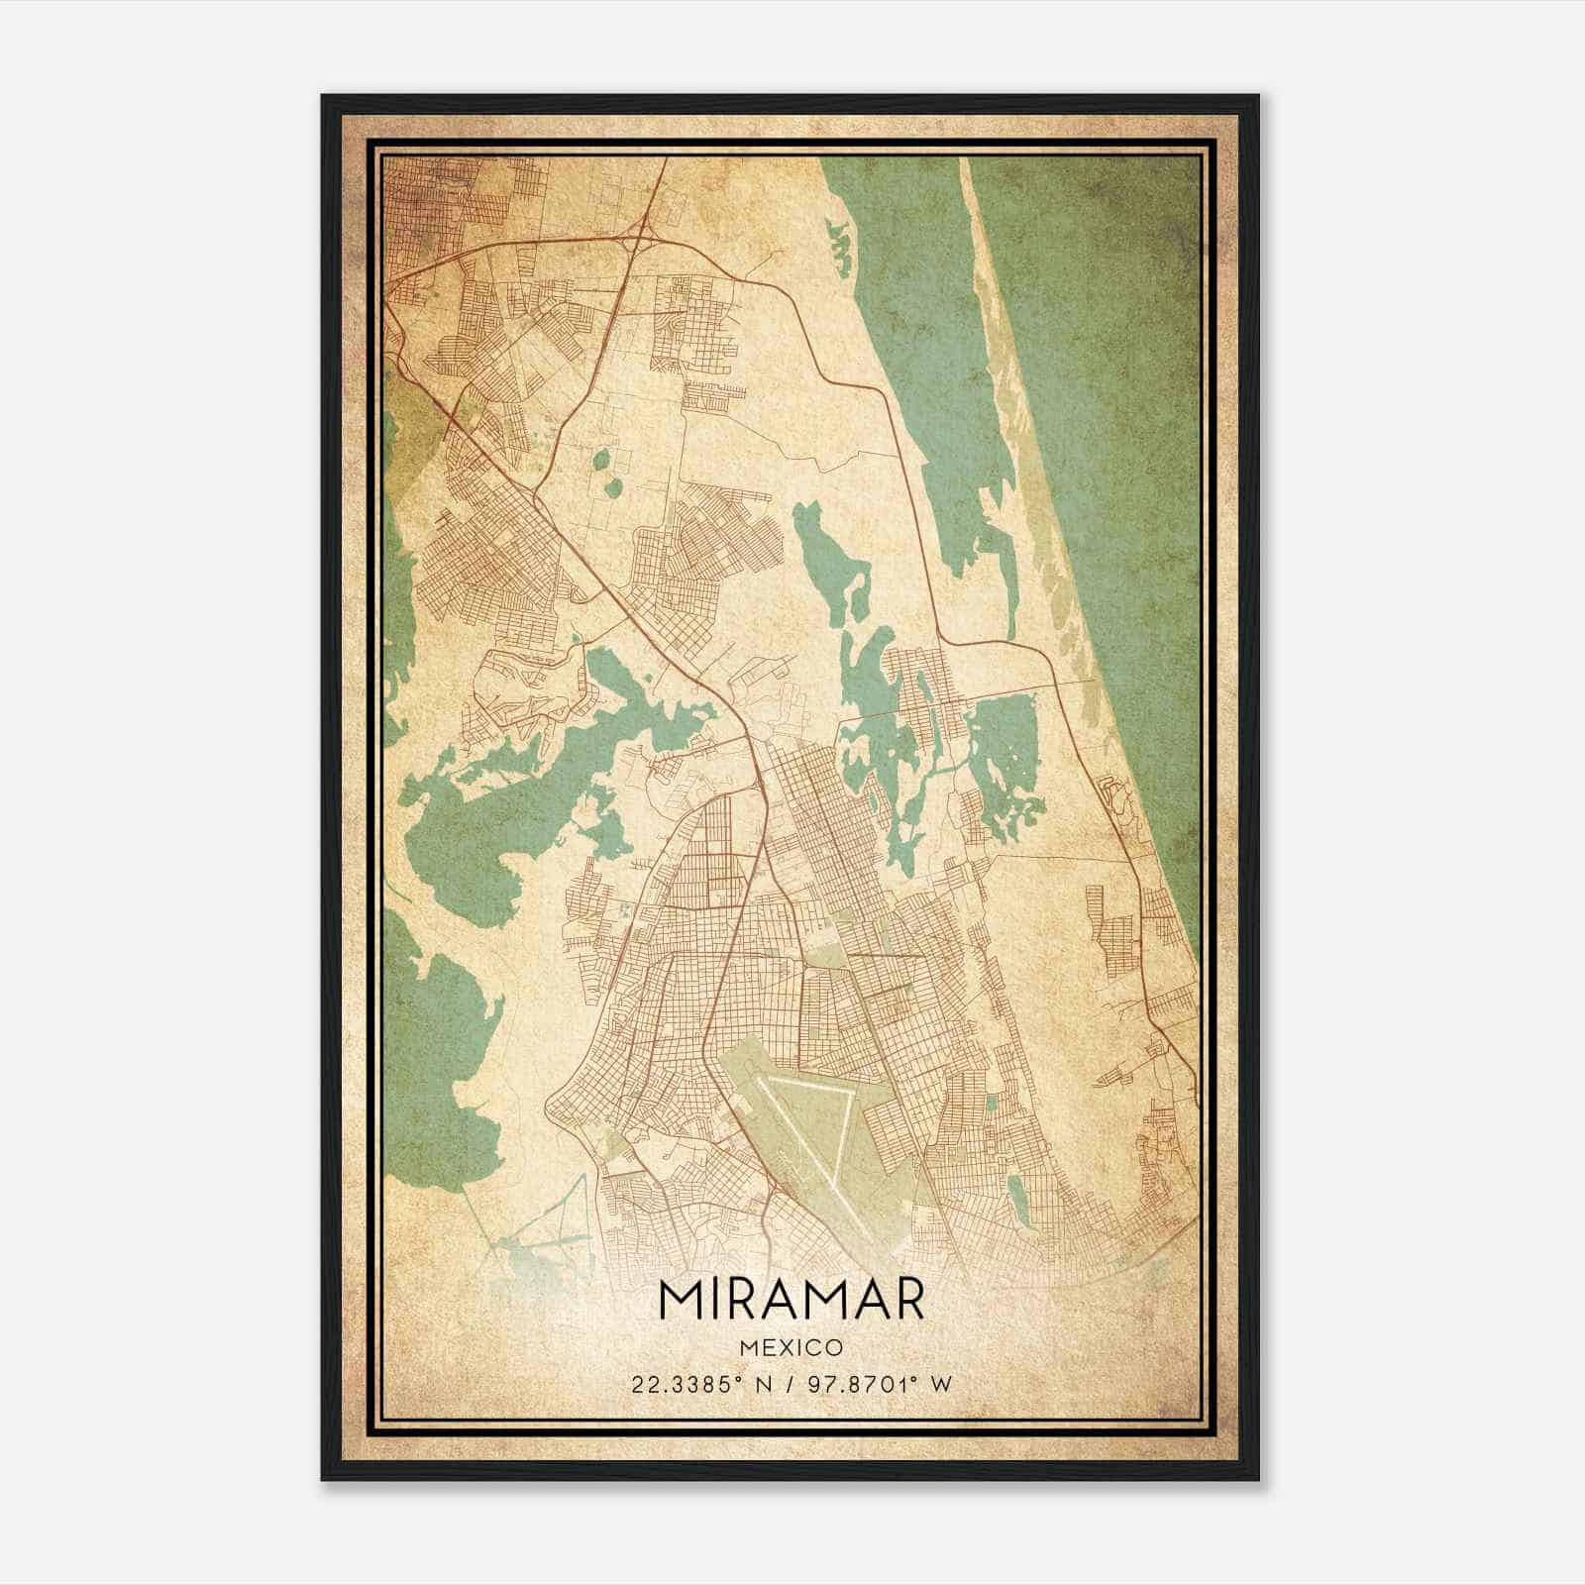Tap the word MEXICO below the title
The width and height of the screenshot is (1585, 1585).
pyautogui.click(x=791, y=1348)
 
